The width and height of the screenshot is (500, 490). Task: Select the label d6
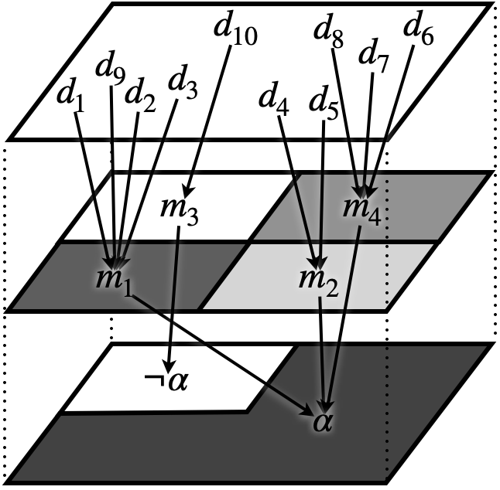pyautogui.click(x=418, y=32)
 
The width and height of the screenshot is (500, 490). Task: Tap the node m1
pyautogui.click(x=116, y=279)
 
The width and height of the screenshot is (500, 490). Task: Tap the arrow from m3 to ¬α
pyautogui.click(x=175, y=294)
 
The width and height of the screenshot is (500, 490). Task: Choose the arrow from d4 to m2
pyautogui.click(x=297, y=185)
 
